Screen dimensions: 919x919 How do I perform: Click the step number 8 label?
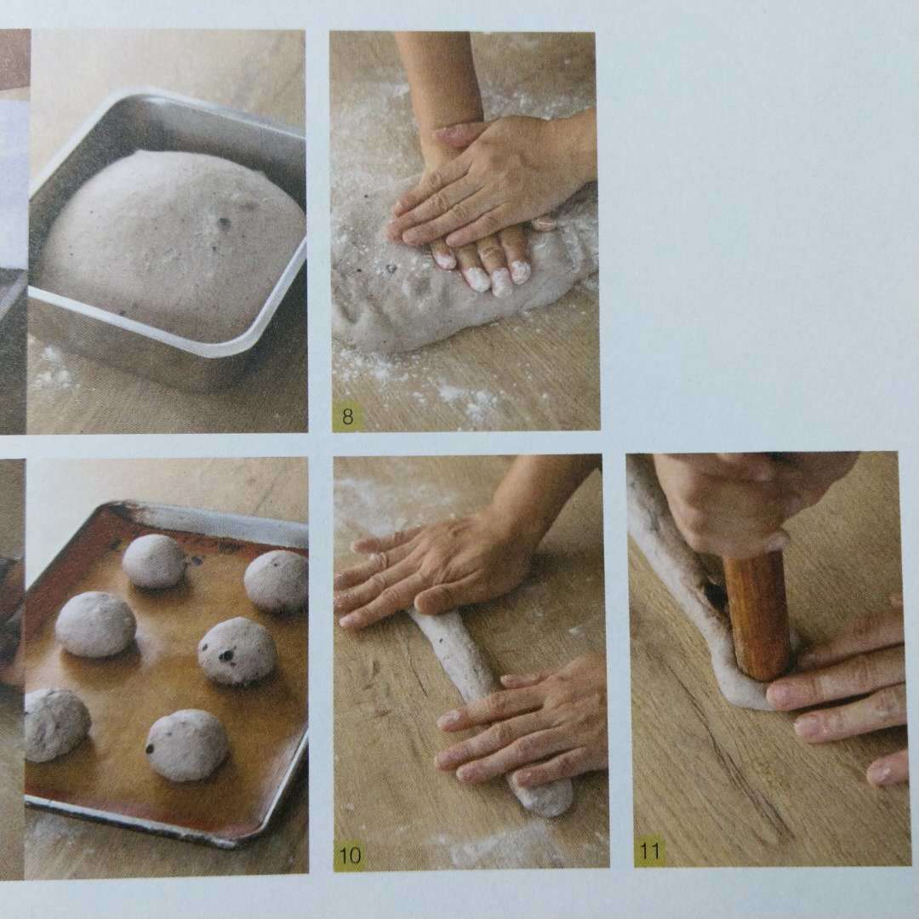pos(347,417)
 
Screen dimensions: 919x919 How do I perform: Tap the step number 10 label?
pos(351,855)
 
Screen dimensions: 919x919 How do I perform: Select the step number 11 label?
pos(650,850)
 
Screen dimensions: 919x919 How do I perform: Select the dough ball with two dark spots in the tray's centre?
pos(237,651)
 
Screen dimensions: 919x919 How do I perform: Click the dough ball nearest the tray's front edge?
pos(186,745)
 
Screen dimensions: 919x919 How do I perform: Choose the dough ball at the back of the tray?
pos(153,560)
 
